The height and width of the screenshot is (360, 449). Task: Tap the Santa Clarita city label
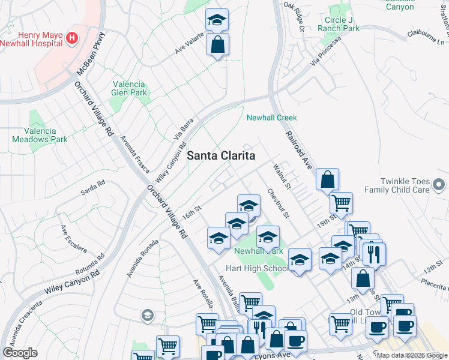(x=221, y=155)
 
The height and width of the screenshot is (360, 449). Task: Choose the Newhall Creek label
(x=272, y=118)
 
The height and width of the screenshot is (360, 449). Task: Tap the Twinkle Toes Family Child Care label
(x=414, y=185)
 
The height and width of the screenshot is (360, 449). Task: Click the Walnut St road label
(x=282, y=176)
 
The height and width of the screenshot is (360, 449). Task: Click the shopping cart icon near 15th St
(x=341, y=203)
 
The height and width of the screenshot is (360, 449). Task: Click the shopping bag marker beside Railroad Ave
(x=327, y=179)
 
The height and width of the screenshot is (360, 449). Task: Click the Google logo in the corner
(x=20, y=353)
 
